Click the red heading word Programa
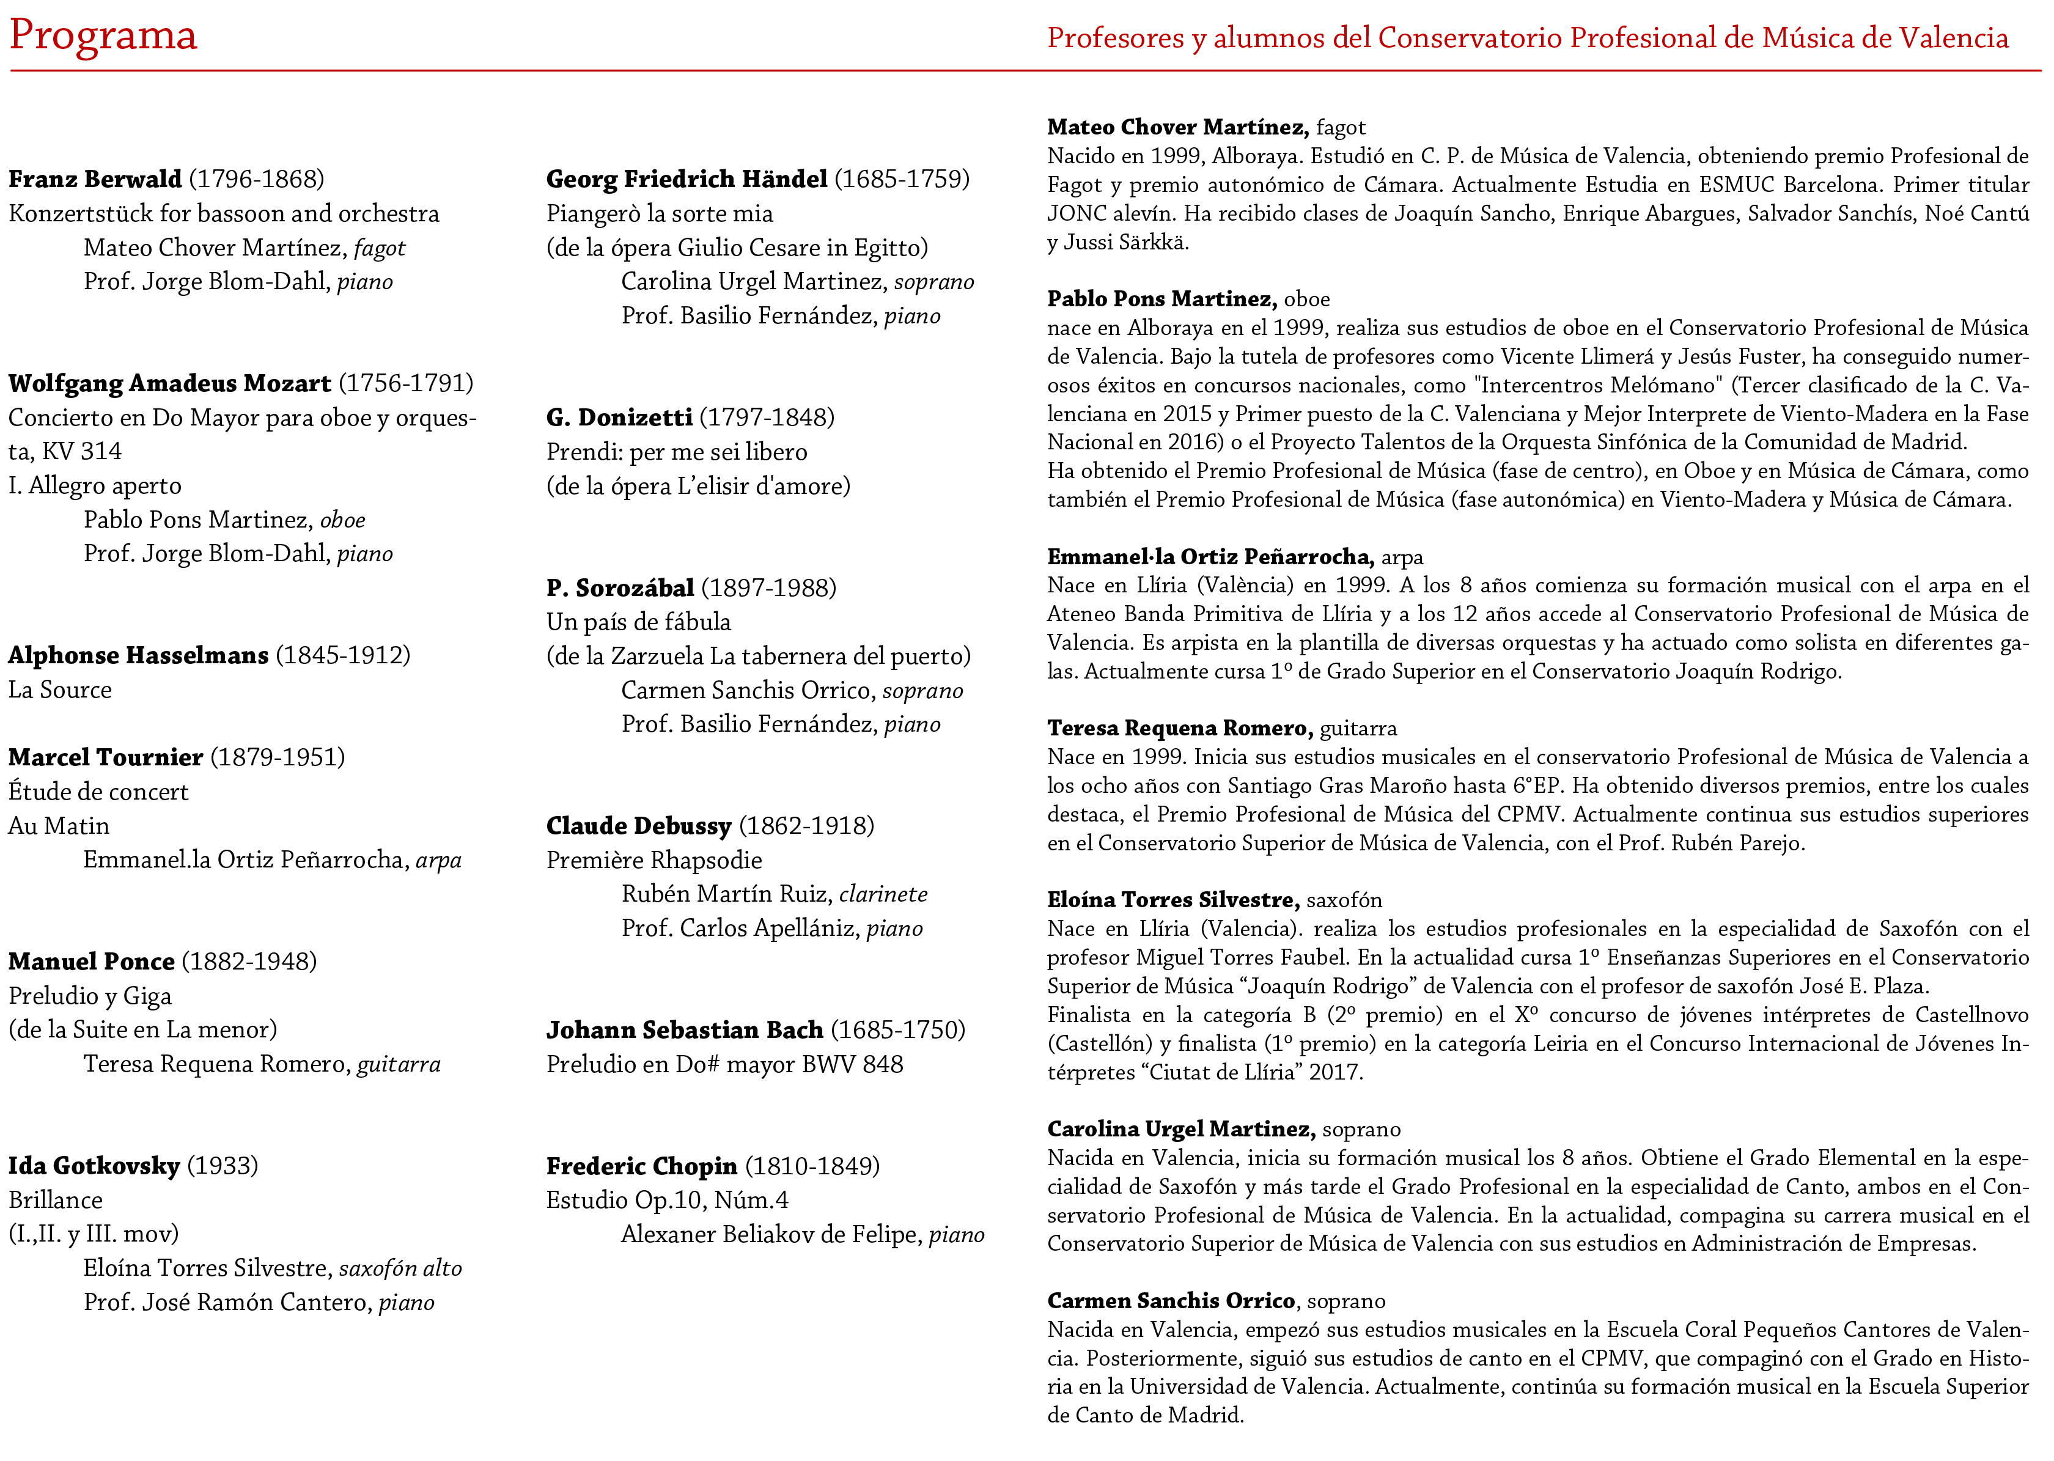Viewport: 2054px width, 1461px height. (103, 36)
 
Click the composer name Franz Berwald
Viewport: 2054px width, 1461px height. (95, 179)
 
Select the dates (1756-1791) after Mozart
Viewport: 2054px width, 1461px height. (406, 383)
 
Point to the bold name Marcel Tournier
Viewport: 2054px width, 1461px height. (105, 757)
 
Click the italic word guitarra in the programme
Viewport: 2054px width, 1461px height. (399, 1064)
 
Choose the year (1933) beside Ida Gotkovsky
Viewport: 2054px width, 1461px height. (223, 1166)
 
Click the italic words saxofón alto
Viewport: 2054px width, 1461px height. (400, 1268)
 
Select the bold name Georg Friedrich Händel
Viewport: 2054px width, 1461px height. (687, 179)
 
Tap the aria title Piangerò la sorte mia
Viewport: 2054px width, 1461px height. (660, 214)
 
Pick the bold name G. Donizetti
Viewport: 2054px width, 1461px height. (619, 418)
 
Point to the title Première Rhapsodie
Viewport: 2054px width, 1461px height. (654, 860)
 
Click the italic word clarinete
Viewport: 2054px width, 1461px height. (883, 894)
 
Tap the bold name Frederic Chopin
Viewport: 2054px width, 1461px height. (641, 1166)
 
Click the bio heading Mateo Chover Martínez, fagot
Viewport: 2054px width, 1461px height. (1206, 128)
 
